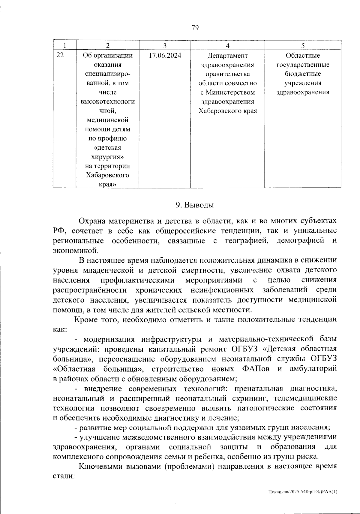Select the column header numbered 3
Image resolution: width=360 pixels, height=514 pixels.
(165, 46)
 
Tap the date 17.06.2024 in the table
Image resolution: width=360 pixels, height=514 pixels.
(165, 56)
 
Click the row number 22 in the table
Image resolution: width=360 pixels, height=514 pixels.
(60, 56)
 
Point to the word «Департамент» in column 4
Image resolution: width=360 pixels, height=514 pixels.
(227, 56)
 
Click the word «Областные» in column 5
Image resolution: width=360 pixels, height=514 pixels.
(303, 56)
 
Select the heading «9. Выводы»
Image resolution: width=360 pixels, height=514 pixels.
(195, 205)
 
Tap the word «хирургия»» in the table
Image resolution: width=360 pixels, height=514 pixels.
(108, 157)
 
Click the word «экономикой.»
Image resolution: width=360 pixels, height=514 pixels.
(75, 250)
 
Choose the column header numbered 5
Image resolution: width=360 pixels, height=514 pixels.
(303, 46)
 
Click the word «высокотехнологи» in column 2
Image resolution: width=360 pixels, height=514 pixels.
(108, 101)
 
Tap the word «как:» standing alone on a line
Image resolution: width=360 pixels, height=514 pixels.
(60, 329)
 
